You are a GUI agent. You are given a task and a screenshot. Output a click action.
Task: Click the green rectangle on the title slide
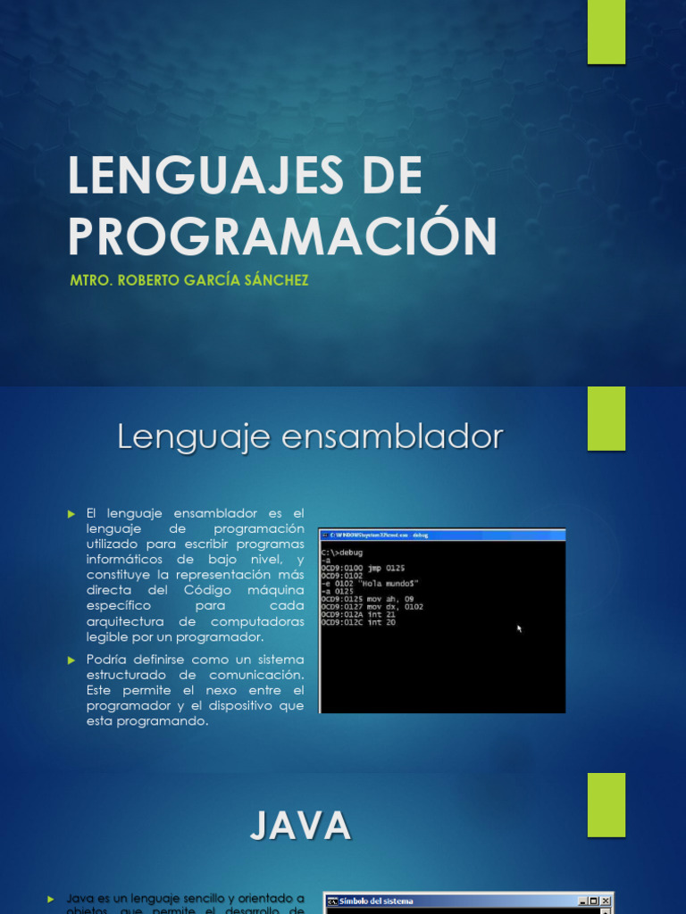606,32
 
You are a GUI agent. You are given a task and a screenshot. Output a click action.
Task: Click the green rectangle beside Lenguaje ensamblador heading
606,419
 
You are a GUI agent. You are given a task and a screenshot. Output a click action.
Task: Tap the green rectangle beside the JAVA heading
606,804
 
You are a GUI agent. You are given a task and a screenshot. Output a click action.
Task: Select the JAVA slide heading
300,826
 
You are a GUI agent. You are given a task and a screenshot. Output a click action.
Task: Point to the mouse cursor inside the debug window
519,628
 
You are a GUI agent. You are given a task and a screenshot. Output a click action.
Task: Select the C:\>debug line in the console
342,553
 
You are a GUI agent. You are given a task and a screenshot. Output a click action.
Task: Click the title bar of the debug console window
442,535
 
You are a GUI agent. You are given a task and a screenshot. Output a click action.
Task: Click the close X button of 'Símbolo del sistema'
606,902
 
